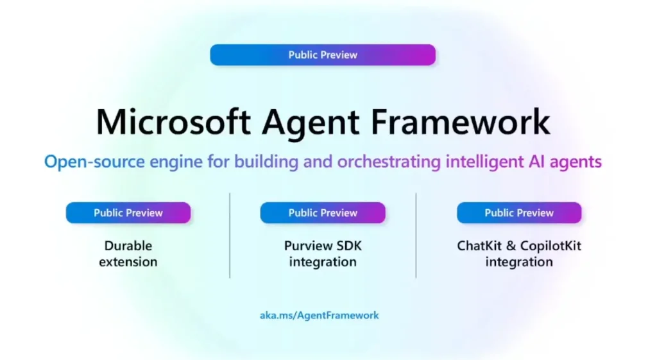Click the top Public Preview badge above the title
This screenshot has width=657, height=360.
pos(323,55)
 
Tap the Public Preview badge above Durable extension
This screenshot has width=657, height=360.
pos(128,213)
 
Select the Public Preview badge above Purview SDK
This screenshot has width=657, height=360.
pos(323,213)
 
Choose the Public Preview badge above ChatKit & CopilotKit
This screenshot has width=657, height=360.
pos(519,213)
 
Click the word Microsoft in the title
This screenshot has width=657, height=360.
pos(173,122)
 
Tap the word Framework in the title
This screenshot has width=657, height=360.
pos(460,122)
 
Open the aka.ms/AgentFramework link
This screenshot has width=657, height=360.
pos(320,315)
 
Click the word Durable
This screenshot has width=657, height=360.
pos(128,246)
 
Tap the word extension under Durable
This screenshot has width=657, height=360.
pos(128,262)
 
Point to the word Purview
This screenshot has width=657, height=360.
pos(305,246)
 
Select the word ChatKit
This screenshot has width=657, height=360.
pos(479,246)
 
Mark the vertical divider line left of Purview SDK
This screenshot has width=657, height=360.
pos(230,235)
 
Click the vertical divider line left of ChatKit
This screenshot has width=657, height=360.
pos(416,235)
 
